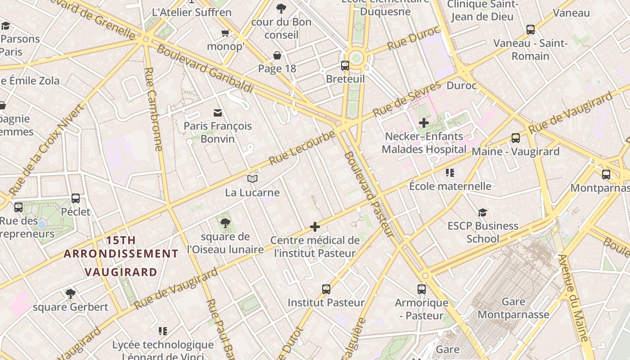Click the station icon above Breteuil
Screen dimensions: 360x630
(x=345, y=66)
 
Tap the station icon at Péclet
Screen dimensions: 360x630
(x=76, y=198)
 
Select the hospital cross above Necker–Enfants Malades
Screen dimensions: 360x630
(x=423, y=123)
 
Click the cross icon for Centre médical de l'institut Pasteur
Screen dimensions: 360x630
(x=315, y=227)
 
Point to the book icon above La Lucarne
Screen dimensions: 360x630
(x=252, y=179)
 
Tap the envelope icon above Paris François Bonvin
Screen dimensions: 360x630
(x=218, y=112)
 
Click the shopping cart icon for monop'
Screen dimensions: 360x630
(x=225, y=33)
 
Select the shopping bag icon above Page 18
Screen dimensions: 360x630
(x=277, y=55)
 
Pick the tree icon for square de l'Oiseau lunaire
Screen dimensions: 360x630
(x=225, y=223)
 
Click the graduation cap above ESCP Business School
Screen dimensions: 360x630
(x=483, y=212)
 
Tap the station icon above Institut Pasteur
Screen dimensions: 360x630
(x=326, y=289)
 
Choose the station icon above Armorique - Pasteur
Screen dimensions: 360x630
(x=422, y=289)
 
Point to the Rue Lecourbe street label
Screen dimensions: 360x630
(x=302, y=148)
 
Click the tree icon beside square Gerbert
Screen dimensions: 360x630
(x=70, y=294)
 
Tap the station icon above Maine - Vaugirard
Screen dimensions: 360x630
(x=516, y=138)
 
